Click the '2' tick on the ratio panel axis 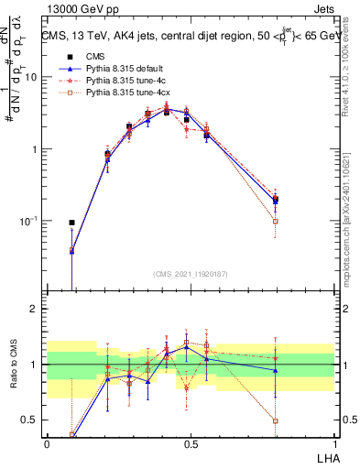tap(38, 309)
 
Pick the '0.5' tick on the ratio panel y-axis tap(33, 420)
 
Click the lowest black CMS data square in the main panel tap(71, 223)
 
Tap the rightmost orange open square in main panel tap(276, 222)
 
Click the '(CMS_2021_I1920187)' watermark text tap(191, 274)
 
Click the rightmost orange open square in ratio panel tap(276, 421)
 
